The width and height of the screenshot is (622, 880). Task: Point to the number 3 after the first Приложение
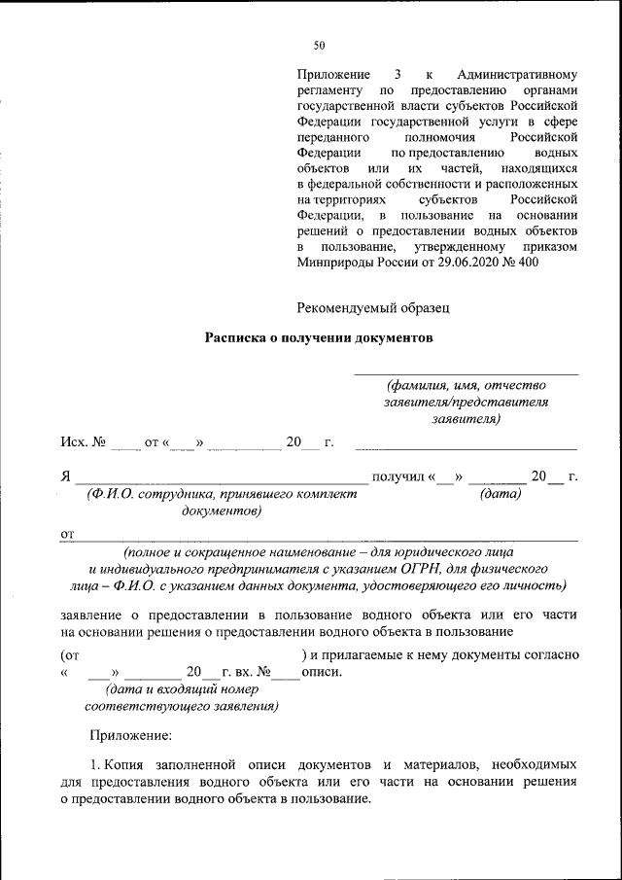click(397, 75)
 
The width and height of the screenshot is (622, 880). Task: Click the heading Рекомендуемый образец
click(374, 308)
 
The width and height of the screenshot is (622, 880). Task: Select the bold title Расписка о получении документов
click(316, 338)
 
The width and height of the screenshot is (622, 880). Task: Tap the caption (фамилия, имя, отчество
click(466, 384)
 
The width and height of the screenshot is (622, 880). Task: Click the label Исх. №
click(83, 443)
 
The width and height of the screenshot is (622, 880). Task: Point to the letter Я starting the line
click(65, 476)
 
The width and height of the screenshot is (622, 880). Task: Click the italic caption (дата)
click(501, 494)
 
